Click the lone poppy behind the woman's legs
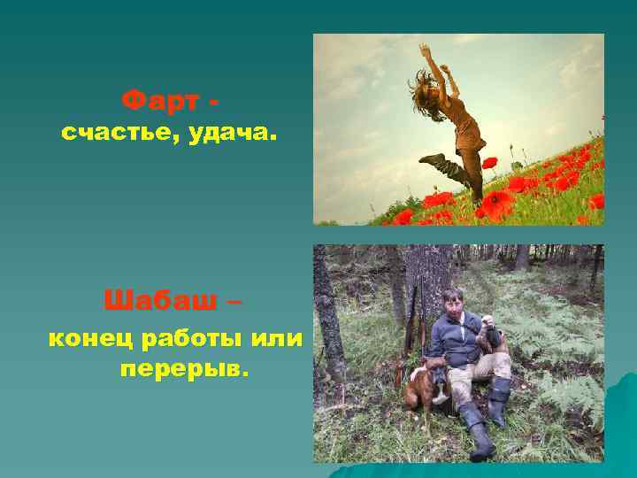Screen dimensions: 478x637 [x=489, y=163]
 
